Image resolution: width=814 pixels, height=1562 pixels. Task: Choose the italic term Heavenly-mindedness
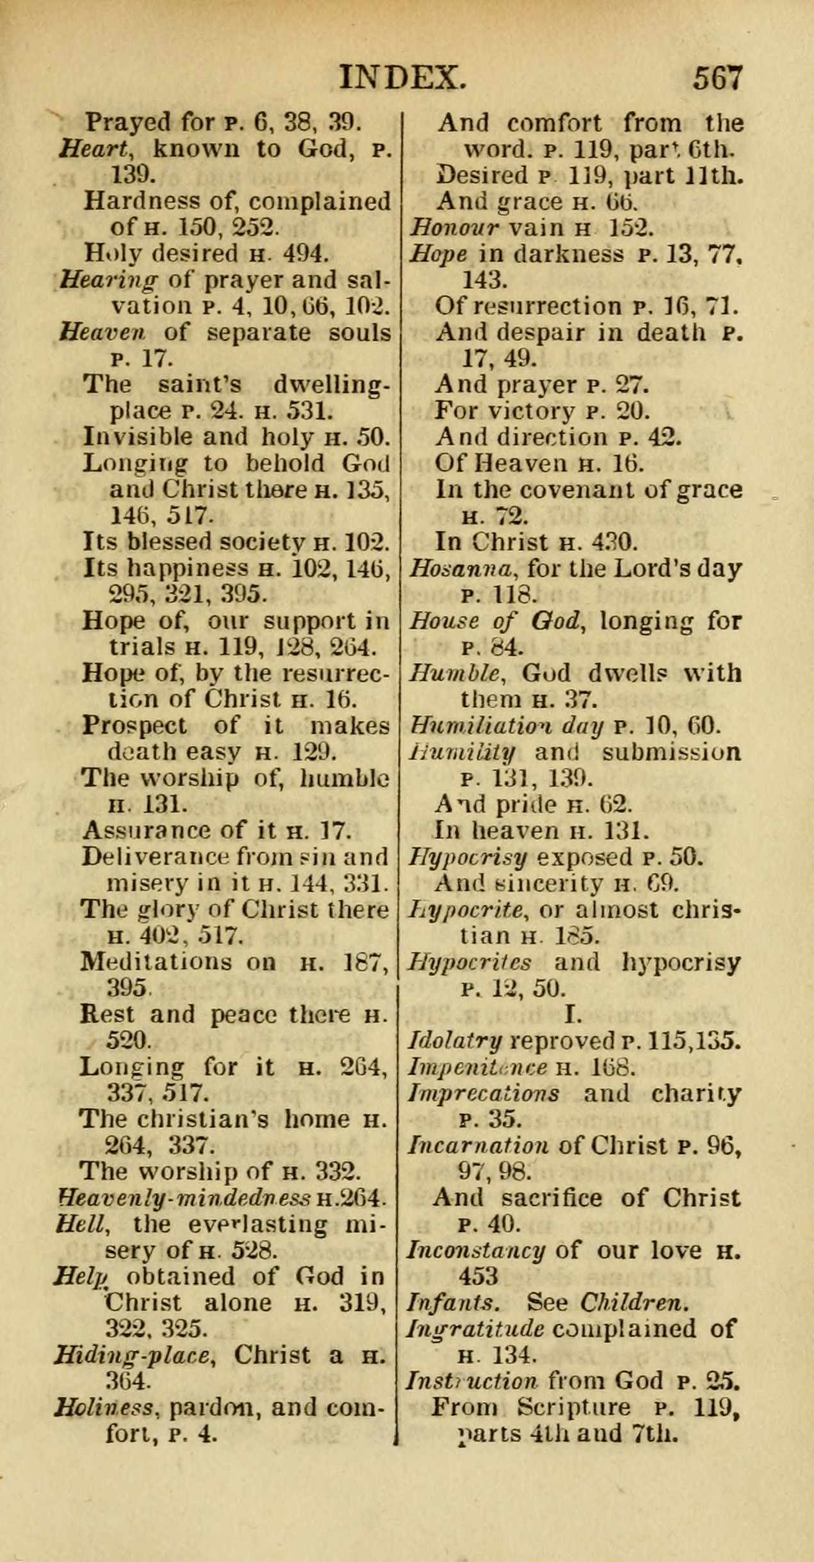(x=184, y=1196)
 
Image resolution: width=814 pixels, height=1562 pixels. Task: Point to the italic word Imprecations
(x=484, y=1093)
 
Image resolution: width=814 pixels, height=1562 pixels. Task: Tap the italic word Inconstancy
(x=476, y=1249)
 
